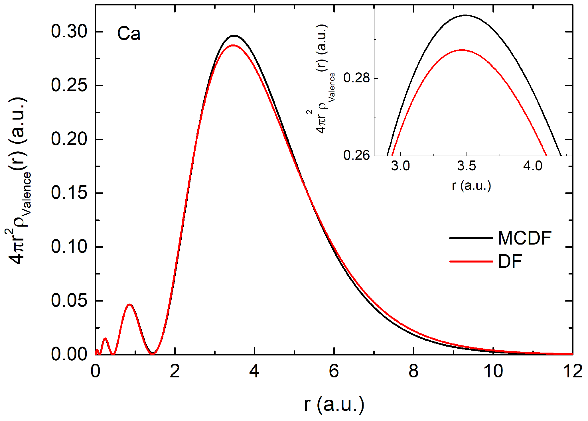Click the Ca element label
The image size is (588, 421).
pos(129,34)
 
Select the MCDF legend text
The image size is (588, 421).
pos(524,238)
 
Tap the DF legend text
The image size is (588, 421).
pos(510,261)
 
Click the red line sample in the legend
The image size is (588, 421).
pos(471,261)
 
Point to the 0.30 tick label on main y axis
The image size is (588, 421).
pos(69,31)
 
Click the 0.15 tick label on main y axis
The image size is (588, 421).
pos(69,193)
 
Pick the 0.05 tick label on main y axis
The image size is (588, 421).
pos(69,300)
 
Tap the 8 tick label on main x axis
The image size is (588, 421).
pos(413,371)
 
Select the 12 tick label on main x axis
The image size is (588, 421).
pos(572,371)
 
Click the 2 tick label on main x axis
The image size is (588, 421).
pos(175,371)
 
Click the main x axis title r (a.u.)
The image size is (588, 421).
pos(334,404)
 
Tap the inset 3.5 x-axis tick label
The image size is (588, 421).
pos(467,166)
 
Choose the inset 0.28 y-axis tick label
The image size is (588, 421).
pos(356,78)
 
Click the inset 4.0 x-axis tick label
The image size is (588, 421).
pos(533,166)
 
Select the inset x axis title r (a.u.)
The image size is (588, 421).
pos(471,186)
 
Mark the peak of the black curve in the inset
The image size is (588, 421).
pos(466,15)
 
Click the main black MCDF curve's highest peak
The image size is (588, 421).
pos(234,36)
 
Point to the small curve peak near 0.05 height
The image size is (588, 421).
pos(130,304)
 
